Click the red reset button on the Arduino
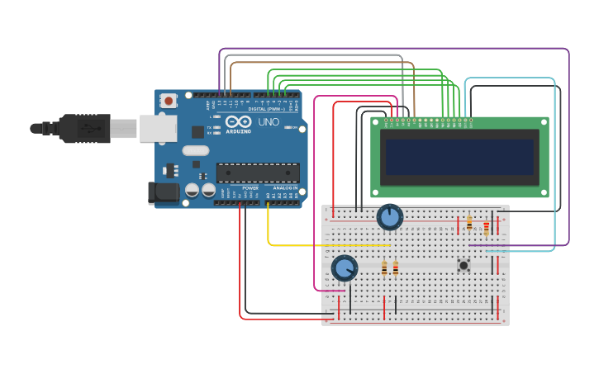point(169,101)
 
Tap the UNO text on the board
point(269,121)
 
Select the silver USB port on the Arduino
point(158,128)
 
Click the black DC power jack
point(163,193)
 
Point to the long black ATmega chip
point(258,173)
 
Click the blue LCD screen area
point(459,157)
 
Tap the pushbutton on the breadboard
point(464,265)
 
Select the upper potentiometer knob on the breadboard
point(389,218)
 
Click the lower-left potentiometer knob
point(344,268)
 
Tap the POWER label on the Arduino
point(250,187)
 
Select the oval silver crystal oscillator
point(195,151)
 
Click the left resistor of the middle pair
point(384,267)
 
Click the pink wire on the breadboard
point(330,291)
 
